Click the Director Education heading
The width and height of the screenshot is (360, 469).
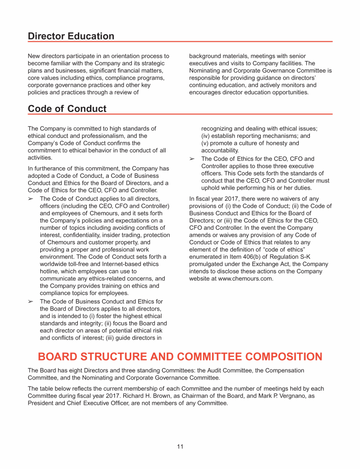71,36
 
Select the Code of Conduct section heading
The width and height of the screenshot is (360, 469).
67,109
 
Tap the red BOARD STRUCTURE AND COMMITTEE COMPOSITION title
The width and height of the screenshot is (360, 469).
180,356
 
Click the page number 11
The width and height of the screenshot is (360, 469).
180,446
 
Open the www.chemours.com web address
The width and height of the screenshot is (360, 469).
245,278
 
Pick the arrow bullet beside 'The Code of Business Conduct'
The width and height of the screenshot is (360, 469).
31,301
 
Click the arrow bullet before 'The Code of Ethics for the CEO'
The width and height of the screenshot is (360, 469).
192,159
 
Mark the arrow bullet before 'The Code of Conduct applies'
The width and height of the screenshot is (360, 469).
31,199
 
